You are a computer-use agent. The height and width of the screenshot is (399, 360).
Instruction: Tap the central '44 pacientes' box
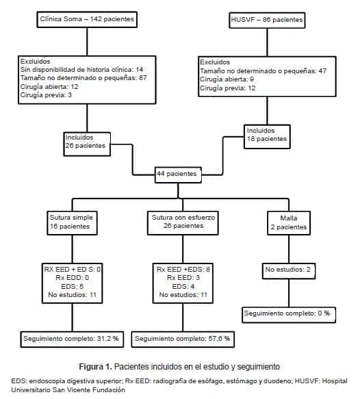click(178, 174)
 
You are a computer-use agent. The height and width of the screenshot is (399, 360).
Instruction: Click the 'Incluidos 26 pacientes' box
click(86, 141)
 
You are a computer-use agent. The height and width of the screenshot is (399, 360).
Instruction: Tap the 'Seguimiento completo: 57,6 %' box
click(183, 338)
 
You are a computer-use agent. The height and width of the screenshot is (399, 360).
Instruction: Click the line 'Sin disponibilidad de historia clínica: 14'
click(81, 70)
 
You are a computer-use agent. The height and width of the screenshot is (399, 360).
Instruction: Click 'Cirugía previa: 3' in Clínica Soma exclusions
click(46, 95)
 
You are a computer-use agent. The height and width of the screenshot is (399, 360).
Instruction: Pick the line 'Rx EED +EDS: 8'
click(183, 270)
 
